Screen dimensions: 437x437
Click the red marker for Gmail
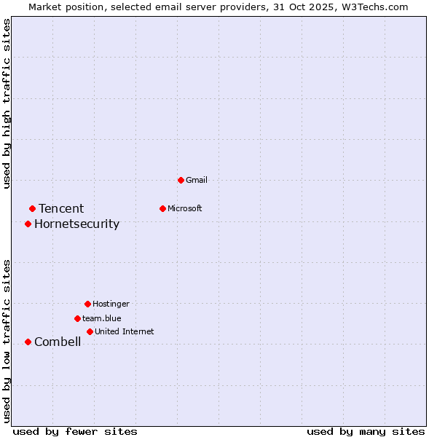click(181, 180)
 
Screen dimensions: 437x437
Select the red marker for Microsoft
click(162, 208)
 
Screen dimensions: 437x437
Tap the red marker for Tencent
click(32, 209)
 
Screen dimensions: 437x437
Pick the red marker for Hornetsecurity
click(28, 224)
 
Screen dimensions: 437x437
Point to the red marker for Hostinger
click(87, 304)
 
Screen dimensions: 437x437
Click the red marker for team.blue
click(77, 318)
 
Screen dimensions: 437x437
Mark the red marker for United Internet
click(90, 331)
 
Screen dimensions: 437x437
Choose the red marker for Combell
click(28, 342)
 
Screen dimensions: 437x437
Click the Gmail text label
click(197, 180)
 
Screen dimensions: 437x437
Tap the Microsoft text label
click(185, 208)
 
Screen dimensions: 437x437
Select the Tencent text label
click(61, 209)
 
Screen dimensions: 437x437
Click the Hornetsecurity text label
click(76, 224)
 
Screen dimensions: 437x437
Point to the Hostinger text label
click(111, 304)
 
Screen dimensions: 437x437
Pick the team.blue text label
click(102, 318)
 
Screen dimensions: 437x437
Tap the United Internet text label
click(125, 331)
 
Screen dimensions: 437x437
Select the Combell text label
click(58, 342)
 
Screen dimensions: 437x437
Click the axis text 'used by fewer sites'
click(75, 431)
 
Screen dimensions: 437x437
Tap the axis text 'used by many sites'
click(366, 431)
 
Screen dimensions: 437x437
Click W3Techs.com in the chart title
click(377, 7)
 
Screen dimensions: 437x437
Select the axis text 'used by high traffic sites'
click(7, 103)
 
